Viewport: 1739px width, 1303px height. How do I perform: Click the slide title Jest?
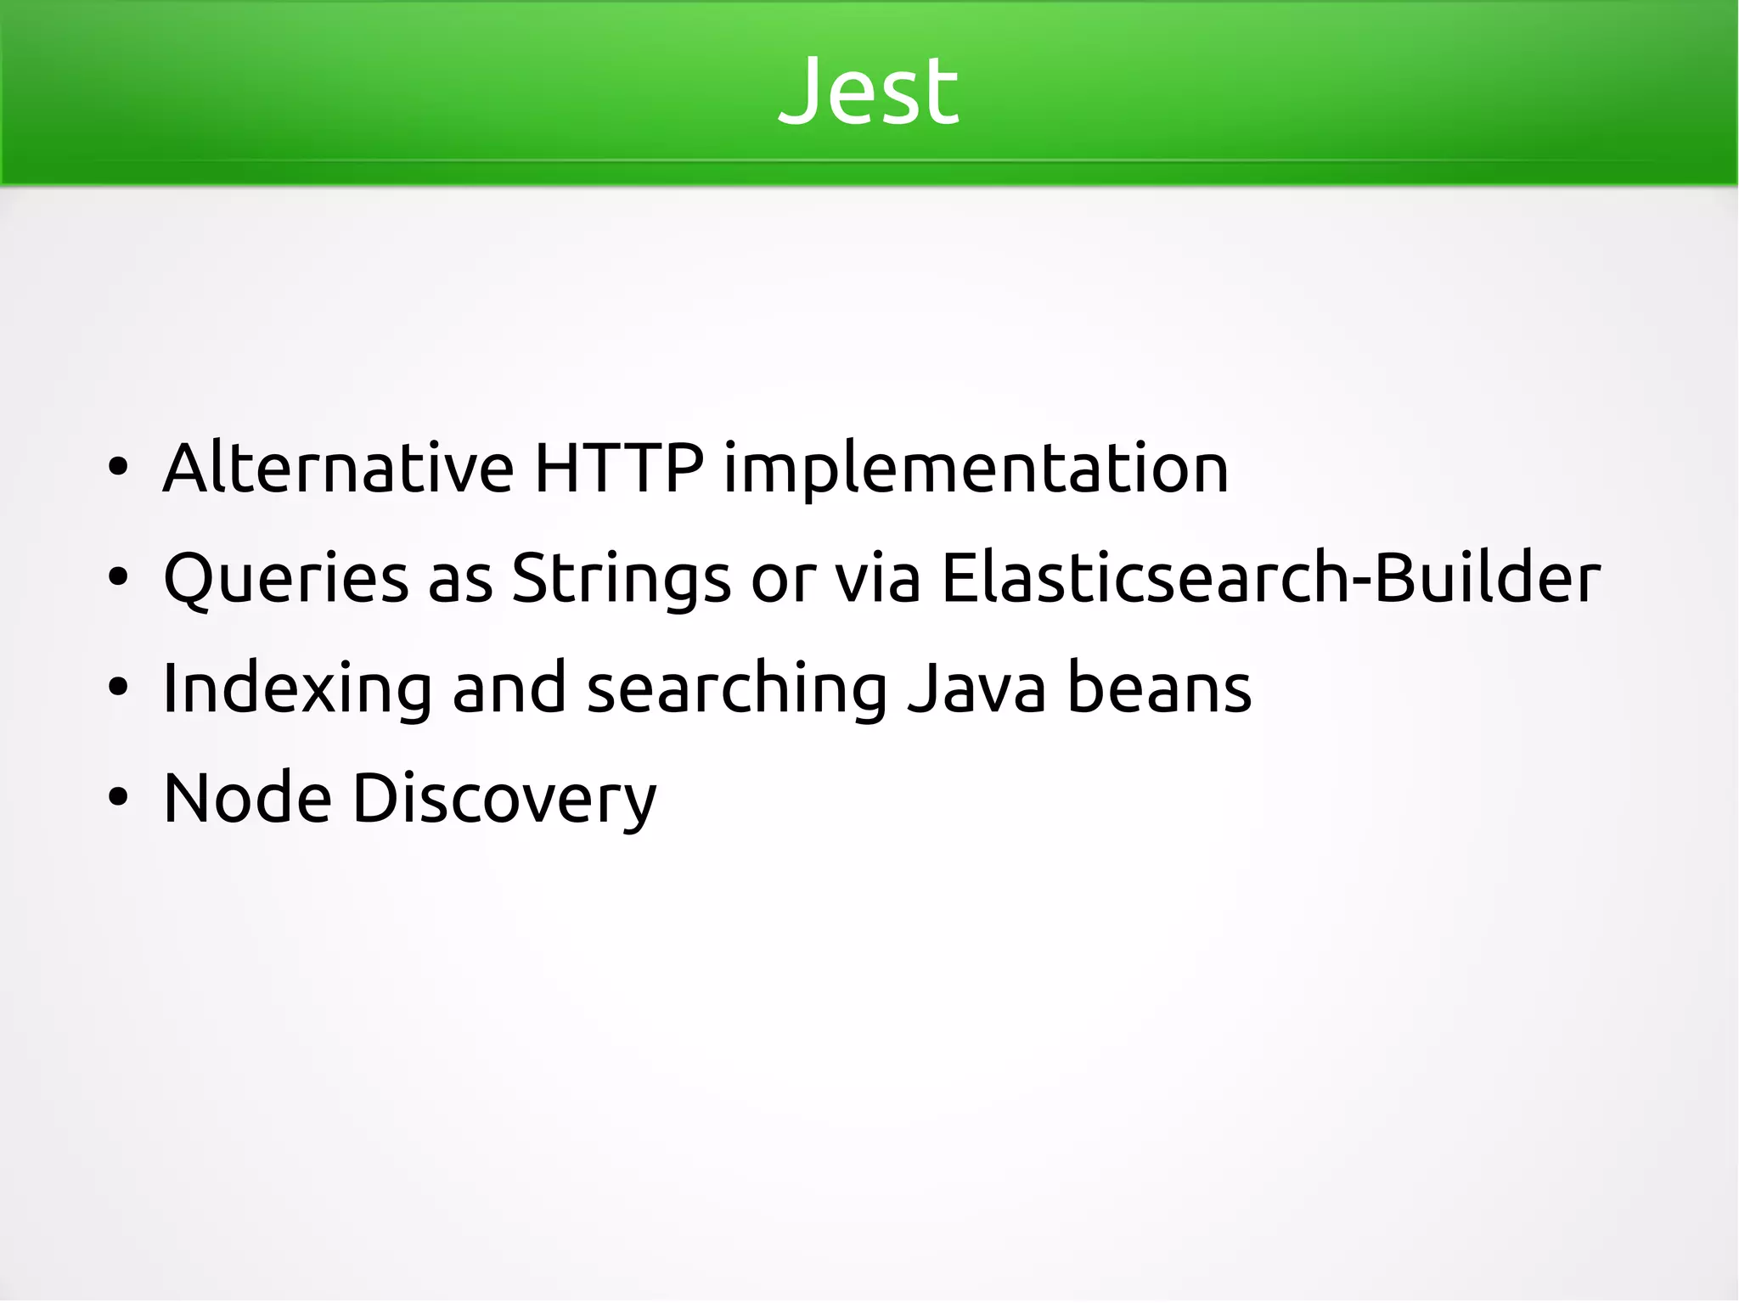869,90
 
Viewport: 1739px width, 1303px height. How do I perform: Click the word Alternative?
338,468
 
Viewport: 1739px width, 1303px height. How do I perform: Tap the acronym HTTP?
619,468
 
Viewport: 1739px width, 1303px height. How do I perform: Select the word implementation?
976,469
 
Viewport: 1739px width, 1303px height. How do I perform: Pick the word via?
878,578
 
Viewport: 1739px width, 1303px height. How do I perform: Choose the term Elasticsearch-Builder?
1271,578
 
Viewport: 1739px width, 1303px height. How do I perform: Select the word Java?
976,688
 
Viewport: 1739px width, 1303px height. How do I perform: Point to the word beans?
1159,688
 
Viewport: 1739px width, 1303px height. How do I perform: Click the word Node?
247,798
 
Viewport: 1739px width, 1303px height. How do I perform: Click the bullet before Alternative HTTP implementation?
118,468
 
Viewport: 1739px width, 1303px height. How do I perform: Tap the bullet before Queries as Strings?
118,578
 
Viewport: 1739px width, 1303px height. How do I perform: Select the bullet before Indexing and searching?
118,688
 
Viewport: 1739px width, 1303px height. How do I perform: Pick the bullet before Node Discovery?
118,798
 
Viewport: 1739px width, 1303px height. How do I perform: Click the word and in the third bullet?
509,688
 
